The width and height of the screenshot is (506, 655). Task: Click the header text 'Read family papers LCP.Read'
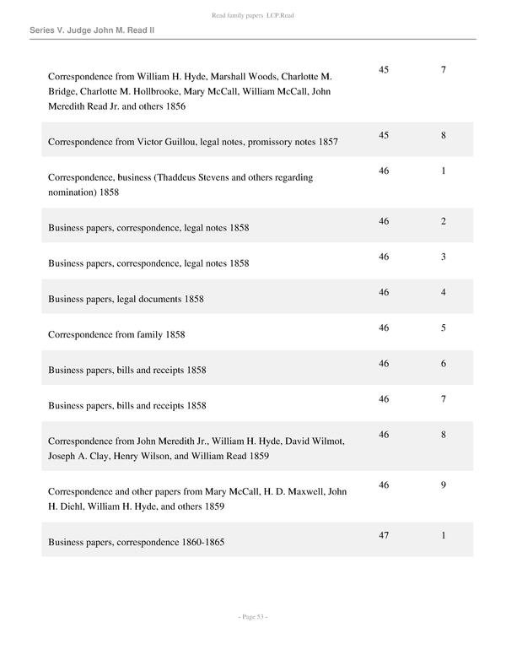tap(252, 16)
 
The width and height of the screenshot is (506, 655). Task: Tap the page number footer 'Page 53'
tap(252, 617)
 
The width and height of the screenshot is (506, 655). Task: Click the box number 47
tap(384, 535)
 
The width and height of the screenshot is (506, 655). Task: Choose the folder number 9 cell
tap(443, 484)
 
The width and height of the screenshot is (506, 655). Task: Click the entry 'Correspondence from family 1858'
tap(116, 334)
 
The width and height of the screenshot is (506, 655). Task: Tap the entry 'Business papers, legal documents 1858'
tap(126, 299)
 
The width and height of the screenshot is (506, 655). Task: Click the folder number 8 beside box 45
tap(443, 135)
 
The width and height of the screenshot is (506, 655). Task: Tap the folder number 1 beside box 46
tap(443, 171)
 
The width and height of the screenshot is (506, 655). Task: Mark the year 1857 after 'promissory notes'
tap(328, 142)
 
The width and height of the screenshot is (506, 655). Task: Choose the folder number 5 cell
tap(443, 327)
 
